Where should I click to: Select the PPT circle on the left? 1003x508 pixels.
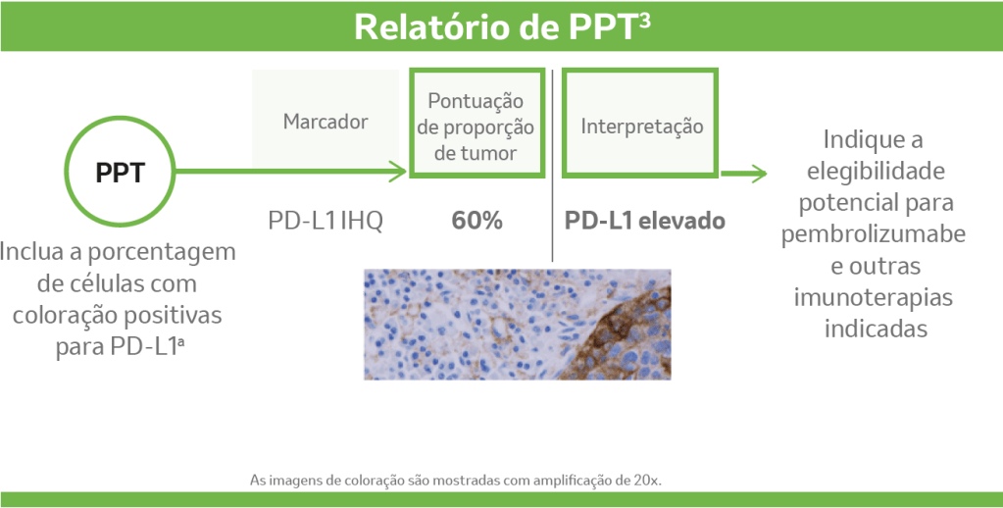pyautogui.click(x=120, y=174)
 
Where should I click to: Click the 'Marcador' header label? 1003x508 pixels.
pyautogui.click(x=326, y=123)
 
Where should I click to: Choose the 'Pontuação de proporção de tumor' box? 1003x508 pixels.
pyautogui.click(x=476, y=124)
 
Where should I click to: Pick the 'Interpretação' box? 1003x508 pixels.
pyautogui.click(x=641, y=124)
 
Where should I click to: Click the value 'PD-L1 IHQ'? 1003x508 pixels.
pyautogui.click(x=326, y=221)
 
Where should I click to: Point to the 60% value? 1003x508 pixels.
pyautogui.click(x=476, y=221)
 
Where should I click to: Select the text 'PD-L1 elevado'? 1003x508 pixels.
pyautogui.click(x=644, y=221)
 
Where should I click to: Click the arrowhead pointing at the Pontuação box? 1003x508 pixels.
pyautogui.click(x=397, y=174)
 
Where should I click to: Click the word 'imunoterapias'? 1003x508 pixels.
pyautogui.click(x=875, y=297)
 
